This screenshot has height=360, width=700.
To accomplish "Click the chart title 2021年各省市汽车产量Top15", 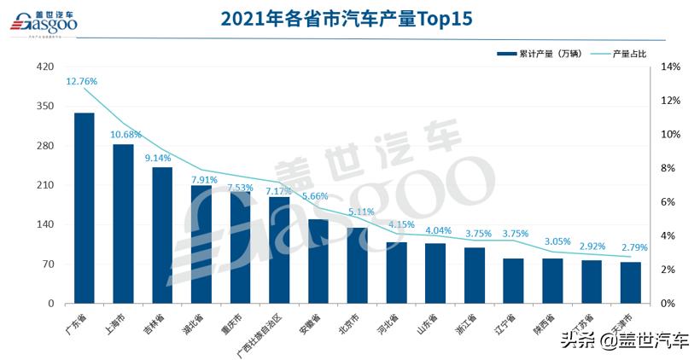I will point(347,19).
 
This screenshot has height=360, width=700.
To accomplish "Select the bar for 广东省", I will point(85,208).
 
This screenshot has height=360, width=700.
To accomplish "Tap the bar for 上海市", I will point(123,224).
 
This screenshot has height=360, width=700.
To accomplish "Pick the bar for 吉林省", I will point(162,235).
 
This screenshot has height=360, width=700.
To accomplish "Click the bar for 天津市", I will point(630,282).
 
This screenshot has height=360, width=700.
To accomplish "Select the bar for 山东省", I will point(435,273).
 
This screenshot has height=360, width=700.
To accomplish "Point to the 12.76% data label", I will point(81,82).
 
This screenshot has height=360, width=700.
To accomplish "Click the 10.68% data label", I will point(125,135).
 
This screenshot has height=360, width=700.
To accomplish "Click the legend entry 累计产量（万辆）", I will point(539,54).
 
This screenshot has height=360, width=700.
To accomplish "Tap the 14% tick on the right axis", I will point(670,67).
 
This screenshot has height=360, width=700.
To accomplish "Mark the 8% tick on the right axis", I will point(670,168).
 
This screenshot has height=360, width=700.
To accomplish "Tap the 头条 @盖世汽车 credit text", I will point(626,341).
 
